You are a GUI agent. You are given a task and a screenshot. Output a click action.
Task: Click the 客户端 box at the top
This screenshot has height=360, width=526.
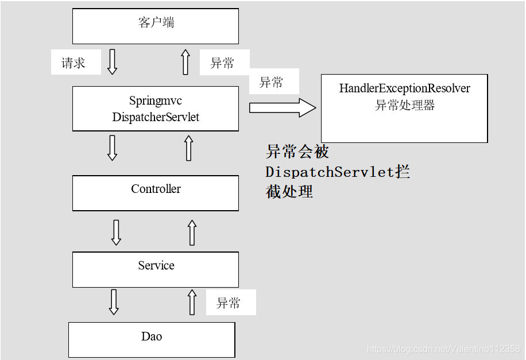click(156, 26)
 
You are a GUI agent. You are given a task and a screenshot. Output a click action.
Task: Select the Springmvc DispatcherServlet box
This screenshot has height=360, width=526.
click(156, 109)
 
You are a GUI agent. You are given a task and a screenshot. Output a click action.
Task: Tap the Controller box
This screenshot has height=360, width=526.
click(156, 192)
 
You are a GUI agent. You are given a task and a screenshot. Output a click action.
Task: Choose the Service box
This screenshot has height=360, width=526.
click(156, 269)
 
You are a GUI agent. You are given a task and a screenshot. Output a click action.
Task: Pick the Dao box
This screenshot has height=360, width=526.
click(152, 339)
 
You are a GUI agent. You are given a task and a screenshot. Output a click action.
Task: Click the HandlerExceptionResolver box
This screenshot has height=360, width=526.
click(404, 109)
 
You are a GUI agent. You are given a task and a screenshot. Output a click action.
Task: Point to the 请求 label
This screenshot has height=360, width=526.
click(74, 63)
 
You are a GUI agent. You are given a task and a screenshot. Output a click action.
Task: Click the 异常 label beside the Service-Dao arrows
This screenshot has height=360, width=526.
click(229, 303)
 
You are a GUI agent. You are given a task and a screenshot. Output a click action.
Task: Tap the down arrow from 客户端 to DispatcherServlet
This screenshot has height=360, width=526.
click(113, 61)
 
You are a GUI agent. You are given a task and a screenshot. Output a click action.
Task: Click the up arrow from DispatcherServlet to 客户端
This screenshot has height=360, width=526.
click(185, 61)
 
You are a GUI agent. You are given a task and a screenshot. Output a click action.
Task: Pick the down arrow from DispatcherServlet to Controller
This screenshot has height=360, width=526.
click(113, 148)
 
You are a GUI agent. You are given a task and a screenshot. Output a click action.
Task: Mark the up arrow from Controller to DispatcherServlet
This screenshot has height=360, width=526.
click(189, 148)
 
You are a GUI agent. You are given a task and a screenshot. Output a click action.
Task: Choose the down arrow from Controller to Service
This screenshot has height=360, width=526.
click(116, 232)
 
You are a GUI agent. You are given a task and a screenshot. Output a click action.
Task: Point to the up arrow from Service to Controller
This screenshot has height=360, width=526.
click(192, 232)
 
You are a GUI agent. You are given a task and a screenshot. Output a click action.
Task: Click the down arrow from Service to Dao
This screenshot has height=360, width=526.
click(114, 302)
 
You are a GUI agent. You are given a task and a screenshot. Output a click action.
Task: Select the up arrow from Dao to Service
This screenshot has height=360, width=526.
click(192, 302)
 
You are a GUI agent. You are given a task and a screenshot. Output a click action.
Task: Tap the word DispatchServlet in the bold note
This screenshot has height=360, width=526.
click(330, 172)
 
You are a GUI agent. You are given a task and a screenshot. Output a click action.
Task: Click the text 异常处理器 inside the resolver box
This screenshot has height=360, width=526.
click(405, 105)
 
